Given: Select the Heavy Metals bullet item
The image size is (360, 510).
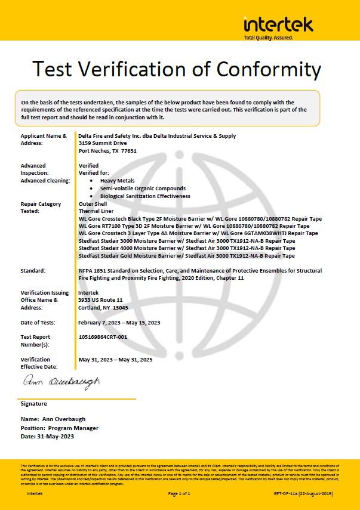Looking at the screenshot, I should tap(118, 181).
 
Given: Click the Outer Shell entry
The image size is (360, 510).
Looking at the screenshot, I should tap(92, 204).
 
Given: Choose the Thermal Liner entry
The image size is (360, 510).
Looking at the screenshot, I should tap(95, 211).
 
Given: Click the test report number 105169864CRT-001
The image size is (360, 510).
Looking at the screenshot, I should tap(110, 337).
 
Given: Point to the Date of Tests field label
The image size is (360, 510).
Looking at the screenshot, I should tap(38, 323).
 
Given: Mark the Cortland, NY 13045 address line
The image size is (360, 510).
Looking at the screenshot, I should tap(103, 308).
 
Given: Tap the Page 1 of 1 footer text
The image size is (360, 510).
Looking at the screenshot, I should tap(179, 493).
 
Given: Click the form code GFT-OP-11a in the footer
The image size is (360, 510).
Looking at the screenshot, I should tap(286, 493).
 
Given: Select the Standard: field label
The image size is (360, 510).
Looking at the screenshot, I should tap(33, 271).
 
